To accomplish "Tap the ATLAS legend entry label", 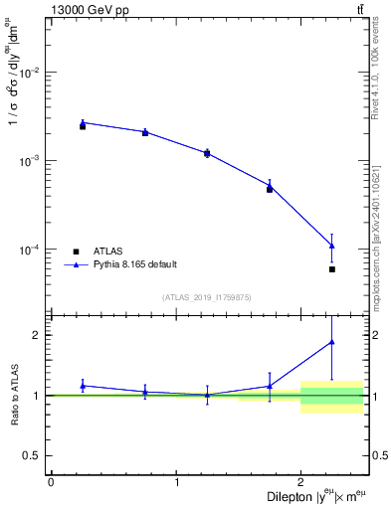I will [108, 252].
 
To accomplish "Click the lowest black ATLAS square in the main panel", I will [332, 269].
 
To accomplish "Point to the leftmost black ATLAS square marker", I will [83, 126].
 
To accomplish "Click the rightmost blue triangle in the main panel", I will [332, 246].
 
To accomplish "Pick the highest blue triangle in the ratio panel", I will [332, 342].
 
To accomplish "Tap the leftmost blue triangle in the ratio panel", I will [83, 386].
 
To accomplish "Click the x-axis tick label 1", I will [176, 482].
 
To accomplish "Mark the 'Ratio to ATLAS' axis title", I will [13, 396].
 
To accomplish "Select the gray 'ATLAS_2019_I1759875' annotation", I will [207, 297].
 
